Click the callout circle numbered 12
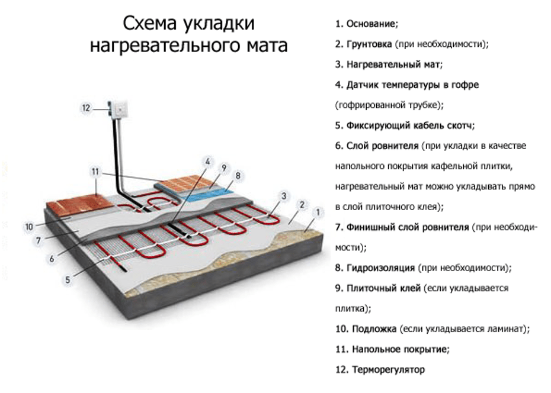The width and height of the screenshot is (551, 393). [x=86, y=108]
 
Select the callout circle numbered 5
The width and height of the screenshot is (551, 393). [x=67, y=278]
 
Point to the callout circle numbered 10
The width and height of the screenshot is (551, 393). [x=28, y=226]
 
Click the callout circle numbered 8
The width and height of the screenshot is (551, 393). [x=238, y=175]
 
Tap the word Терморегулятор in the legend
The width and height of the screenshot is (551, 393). [x=389, y=369]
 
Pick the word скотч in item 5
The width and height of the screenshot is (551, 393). [x=460, y=125]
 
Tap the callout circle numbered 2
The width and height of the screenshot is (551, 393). [x=302, y=205]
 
